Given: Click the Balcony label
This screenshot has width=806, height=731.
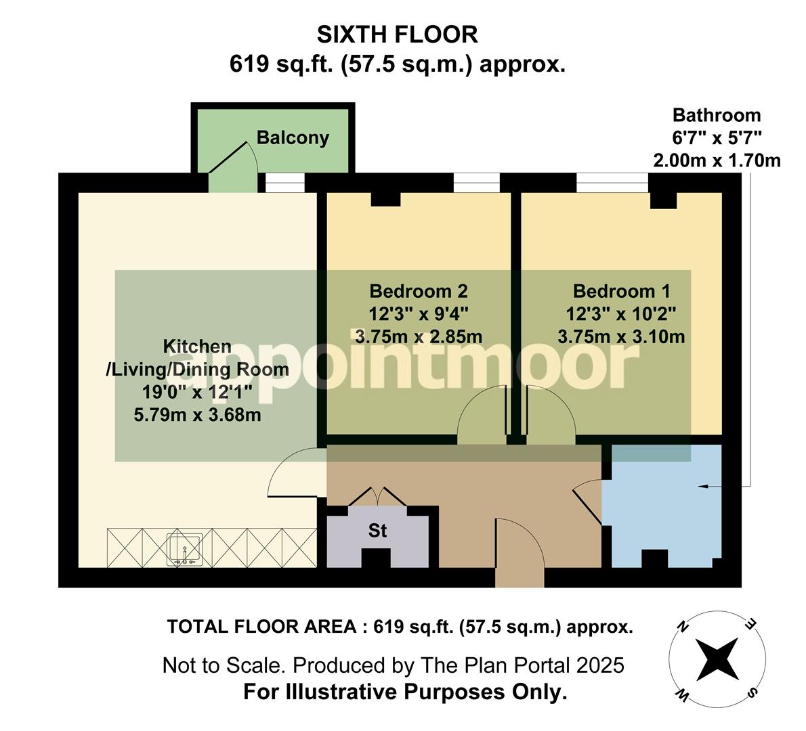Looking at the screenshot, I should pos(293,138).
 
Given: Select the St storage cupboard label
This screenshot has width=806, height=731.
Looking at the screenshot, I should pos(377,531).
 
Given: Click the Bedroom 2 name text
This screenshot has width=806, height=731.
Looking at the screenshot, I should pos(418,291).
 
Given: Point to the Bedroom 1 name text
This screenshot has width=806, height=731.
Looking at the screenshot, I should pos(621,291).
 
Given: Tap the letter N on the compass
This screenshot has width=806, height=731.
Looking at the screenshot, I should pos(684,627).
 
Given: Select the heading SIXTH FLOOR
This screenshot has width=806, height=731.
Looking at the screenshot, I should pos(398,34).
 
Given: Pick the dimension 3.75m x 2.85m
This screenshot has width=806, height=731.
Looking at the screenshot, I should pos(418,336).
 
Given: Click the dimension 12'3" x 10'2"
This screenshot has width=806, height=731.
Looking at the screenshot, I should pos(621,313).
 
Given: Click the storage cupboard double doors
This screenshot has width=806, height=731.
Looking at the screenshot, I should pos(377,496).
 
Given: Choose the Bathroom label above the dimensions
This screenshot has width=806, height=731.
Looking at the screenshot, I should pos(716,115).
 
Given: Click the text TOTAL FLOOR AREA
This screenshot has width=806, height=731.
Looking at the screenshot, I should pos(261,627).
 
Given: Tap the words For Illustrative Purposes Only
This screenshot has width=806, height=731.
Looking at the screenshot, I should pos(404,692).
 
